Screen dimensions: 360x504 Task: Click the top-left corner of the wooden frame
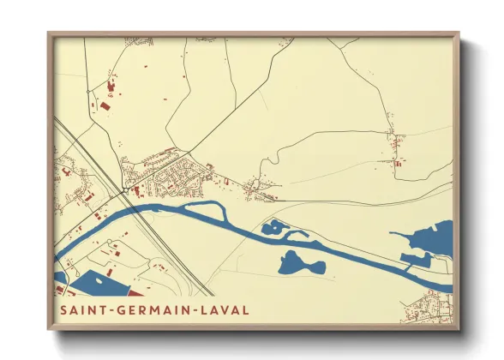pos(49,34)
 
